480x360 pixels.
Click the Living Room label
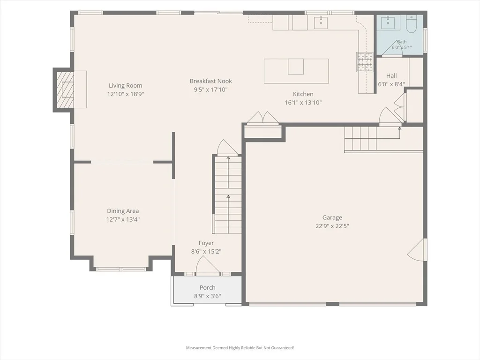pyautogui.click(x=126, y=86)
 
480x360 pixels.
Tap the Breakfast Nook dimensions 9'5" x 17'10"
pyautogui.click(x=210, y=90)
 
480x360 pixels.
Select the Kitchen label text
pyautogui.click(x=303, y=94)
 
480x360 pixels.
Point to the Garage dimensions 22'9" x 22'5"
pyautogui.click(x=332, y=226)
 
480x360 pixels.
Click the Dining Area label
pyautogui.click(x=123, y=211)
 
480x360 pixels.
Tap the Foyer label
pyautogui.click(x=206, y=243)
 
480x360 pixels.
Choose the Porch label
pyautogui.click(x=208, y=288)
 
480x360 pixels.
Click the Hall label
pyautogui.click(x=391, y=75)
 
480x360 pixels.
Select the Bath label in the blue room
pyautogui.click(x=402, y=42)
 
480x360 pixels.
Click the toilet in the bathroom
pyautogui.click(x=411, y=24)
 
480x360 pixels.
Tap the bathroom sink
pyautogui.click(x=388, y=22)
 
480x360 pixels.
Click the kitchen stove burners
pyautogui.click(x=365, y=62)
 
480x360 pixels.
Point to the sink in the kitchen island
pyautogui.click(x=296, y=67)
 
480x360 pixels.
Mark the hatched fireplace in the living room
pyautogui.click(x=65, y=90)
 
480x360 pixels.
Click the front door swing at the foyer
pyautogui.click(x=208, y=265)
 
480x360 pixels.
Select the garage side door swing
pyautogui.click(x=417, y=249)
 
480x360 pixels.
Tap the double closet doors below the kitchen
pyautogui.click(x=262, y=118)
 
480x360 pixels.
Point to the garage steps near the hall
pyautogui.click(x=360, y=138)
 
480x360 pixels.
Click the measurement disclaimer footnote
pyautogui.click(x=240, y=348)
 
